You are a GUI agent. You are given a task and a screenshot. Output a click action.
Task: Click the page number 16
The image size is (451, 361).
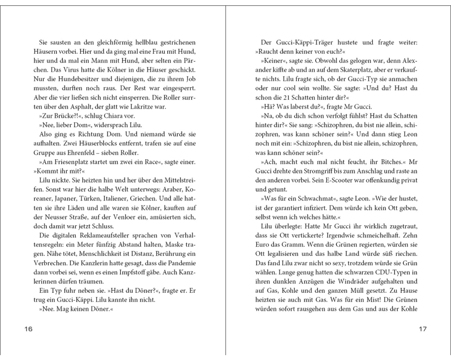point(28,329)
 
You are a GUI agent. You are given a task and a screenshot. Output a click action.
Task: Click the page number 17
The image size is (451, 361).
point(422,329)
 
